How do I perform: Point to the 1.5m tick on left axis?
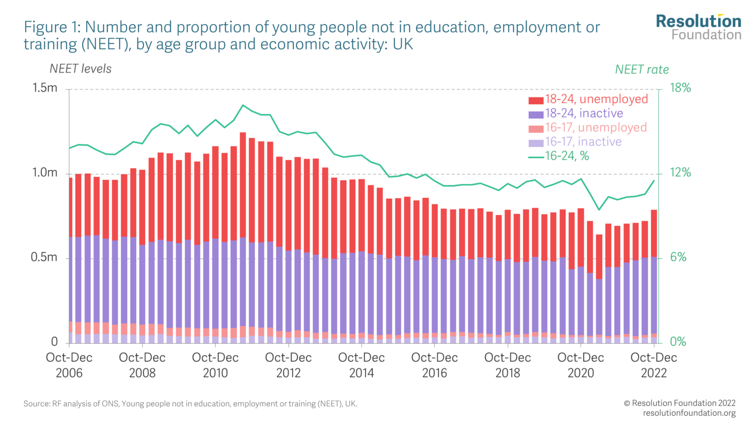(45, 88)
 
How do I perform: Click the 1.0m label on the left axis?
(45, 173)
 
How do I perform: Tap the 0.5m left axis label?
(45, 258)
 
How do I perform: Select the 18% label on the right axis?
(680, 88)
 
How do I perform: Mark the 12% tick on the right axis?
(680, 173)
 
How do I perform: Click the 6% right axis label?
(678, 258)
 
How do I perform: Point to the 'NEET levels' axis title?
(80, 69)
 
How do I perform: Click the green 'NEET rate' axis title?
(642, 70)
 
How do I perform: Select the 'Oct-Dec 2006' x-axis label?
(69, 365)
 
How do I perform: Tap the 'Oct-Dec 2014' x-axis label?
(361, 365)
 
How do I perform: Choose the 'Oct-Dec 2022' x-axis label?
(654, 365)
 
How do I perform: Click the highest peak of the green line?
(243, 105)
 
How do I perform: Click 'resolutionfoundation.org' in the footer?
(689, 413)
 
